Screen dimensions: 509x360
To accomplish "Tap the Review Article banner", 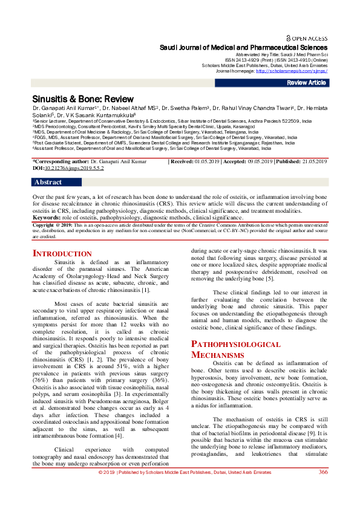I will [306, 83].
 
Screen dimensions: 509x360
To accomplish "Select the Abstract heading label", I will [48, 182].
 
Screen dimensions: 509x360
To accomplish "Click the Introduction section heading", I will [62, 254].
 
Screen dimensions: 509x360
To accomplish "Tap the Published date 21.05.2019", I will [312, 162].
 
